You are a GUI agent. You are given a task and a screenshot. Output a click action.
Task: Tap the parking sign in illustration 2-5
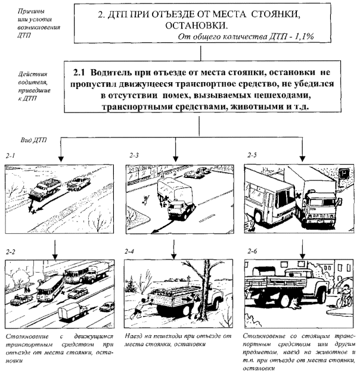345,174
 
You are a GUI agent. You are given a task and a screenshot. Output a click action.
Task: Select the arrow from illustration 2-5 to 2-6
300,246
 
